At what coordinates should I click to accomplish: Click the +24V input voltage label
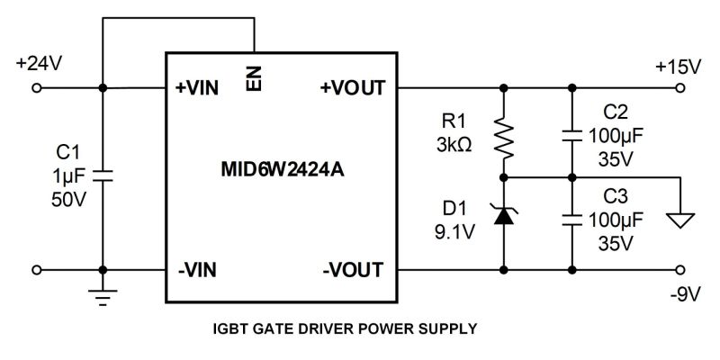tap(39, 64)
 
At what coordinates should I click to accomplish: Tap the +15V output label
tap(679, 67)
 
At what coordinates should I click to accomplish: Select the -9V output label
tap(684, 295)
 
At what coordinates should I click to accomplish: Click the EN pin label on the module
tap(254, 78)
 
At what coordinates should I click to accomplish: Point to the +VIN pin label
tap(197, 88)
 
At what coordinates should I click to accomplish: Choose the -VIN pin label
tap(197, 270)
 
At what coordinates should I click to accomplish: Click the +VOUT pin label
tap(353, 87)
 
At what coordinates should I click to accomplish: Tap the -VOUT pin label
tap(353, 270)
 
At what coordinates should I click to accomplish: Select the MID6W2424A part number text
tap(283, 169)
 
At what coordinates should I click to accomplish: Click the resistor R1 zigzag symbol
tap(504, 136)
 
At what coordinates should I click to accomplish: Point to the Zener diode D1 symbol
tap(504, 214)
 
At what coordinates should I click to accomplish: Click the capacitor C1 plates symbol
tap(103, 175)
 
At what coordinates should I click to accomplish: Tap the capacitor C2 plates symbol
tap(571, 136)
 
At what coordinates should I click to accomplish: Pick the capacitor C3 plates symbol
tap(571, 220)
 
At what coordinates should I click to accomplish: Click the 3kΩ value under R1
tap(454, 145)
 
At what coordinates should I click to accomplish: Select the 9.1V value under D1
tap(454, 232)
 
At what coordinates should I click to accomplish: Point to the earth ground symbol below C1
tap(103, 298)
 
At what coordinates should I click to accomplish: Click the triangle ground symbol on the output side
tap(680, 220)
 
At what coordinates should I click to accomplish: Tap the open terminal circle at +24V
tap(37, 87)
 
